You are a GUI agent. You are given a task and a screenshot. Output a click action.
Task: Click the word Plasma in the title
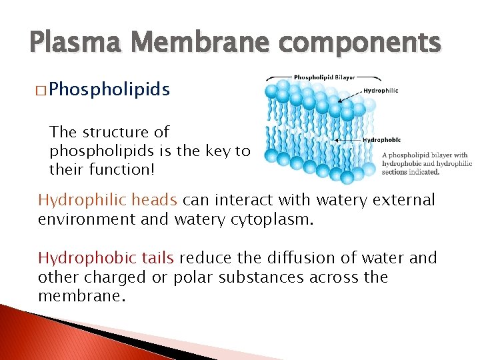tap(70, 43)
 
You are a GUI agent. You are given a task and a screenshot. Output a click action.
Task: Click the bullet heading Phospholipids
tap(109, 89)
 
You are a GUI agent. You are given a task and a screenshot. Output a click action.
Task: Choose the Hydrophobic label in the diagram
tap(382, 140)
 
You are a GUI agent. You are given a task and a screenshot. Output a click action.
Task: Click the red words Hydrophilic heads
tap(107, 200)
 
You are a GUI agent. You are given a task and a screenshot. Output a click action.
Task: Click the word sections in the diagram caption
tap(393, 172)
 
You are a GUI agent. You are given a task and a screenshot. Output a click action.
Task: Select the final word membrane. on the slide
tap(81, 296)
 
